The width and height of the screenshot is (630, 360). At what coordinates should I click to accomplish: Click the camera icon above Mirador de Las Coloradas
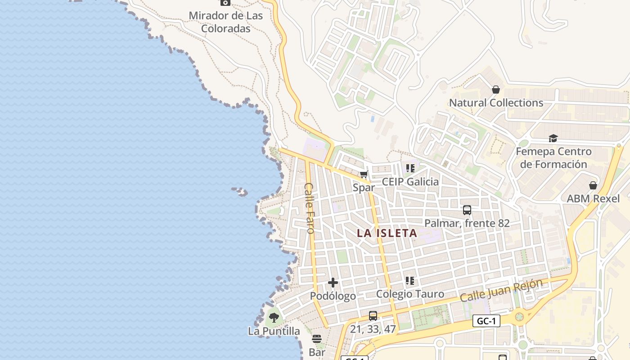point(225,2)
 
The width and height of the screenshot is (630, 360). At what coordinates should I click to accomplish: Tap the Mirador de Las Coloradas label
point(225,22)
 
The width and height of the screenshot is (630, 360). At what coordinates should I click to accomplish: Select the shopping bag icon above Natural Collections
point(496,90)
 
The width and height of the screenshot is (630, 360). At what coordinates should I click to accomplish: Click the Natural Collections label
point(496,103)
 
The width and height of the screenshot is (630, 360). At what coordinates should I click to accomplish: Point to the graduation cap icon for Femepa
point(553,138)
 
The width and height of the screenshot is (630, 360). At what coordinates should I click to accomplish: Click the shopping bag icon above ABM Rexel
point(593,185)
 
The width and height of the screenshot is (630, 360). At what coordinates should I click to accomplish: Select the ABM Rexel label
point(593,198)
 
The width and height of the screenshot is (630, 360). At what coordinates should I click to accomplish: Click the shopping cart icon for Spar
point(364,175)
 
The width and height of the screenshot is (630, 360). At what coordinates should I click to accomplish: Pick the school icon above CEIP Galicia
point(410,168)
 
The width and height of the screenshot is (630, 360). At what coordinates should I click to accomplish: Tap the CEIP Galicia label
point(410,182)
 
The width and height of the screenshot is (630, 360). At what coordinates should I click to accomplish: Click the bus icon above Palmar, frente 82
point(467,210)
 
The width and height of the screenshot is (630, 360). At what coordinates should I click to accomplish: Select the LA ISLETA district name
point(387,234)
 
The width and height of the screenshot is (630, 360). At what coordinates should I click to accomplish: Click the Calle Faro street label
point(309,208)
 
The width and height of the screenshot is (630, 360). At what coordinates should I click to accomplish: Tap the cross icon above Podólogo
point(333,283)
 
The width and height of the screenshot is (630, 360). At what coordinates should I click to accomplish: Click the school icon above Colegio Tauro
point(410,281)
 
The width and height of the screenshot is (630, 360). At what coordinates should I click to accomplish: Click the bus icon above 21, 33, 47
point(373,316)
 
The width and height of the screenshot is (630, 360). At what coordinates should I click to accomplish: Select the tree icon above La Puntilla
point(274,318)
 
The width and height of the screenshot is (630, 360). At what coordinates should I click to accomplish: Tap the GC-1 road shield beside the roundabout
point(486,321)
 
